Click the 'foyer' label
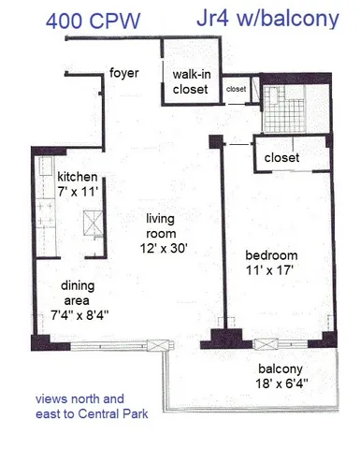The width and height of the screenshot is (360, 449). (124, 72)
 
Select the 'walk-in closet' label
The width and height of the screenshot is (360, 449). (191, 81)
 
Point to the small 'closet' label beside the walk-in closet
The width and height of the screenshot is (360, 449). (236, 90)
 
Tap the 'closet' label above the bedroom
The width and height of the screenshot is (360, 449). (281, 158)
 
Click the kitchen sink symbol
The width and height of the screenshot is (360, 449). (93, 223)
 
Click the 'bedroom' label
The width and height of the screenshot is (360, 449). (271, 255)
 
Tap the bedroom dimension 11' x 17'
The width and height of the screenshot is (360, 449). (271, 270)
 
